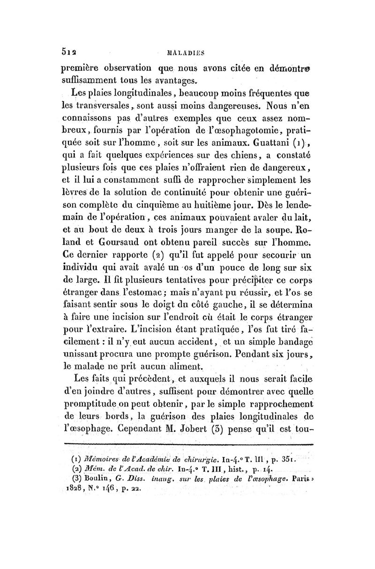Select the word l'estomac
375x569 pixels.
165,293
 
